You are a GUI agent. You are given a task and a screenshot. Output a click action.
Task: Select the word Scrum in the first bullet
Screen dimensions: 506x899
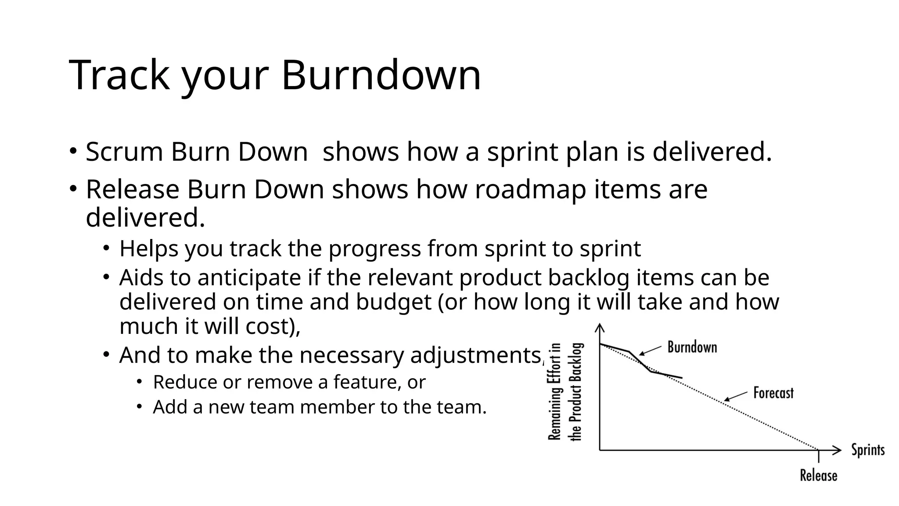[x=124, y=152]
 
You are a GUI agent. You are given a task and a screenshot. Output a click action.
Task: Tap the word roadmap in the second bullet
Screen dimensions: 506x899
[x=530, y=189]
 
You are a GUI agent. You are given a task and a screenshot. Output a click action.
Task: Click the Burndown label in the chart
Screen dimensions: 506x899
[x=692, y=347]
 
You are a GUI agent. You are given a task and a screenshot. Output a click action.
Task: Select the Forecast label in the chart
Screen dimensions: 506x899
[x=773, y=393]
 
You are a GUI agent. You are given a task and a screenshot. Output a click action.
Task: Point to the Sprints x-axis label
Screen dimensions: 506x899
[x=867, y=450]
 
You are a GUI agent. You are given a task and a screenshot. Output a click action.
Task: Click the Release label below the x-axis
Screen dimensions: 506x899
[x=818, y=475]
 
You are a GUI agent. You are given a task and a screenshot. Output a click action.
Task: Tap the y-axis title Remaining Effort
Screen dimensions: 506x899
[x=555, y=391]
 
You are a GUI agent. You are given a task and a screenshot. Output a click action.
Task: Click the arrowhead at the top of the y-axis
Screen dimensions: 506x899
[x=600, y=328]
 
